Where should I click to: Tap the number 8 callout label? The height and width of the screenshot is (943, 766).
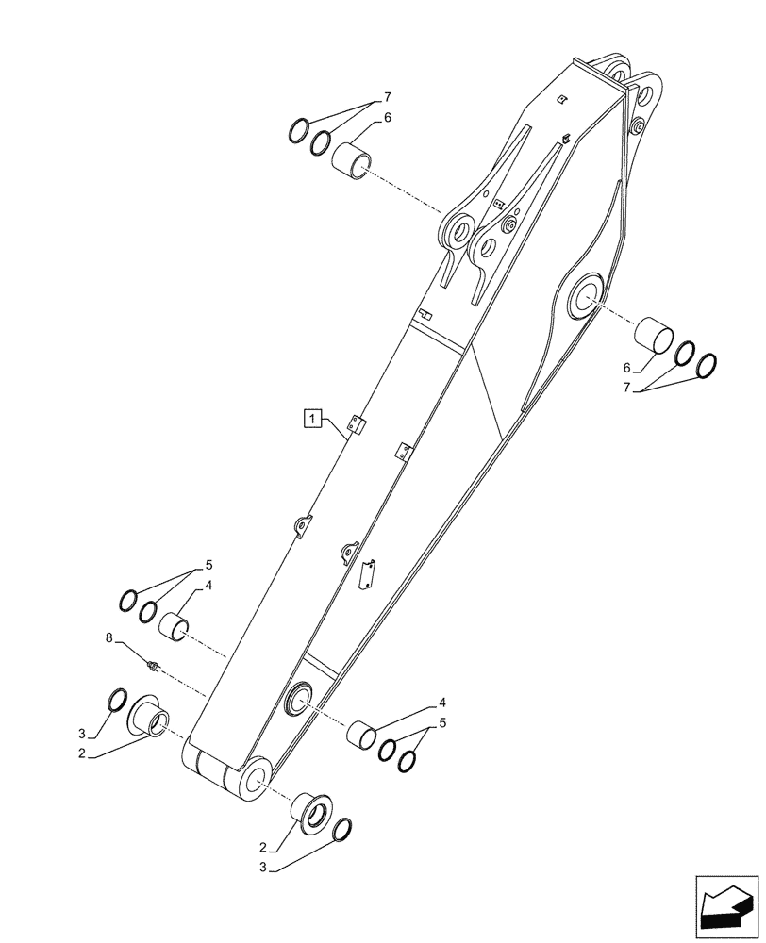tap(109, 638)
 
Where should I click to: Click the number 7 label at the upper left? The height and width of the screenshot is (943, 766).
tap(387, 98)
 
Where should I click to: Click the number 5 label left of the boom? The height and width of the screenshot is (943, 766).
tap(208, 566)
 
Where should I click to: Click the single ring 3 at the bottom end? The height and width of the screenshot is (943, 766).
tap(343, 829)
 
